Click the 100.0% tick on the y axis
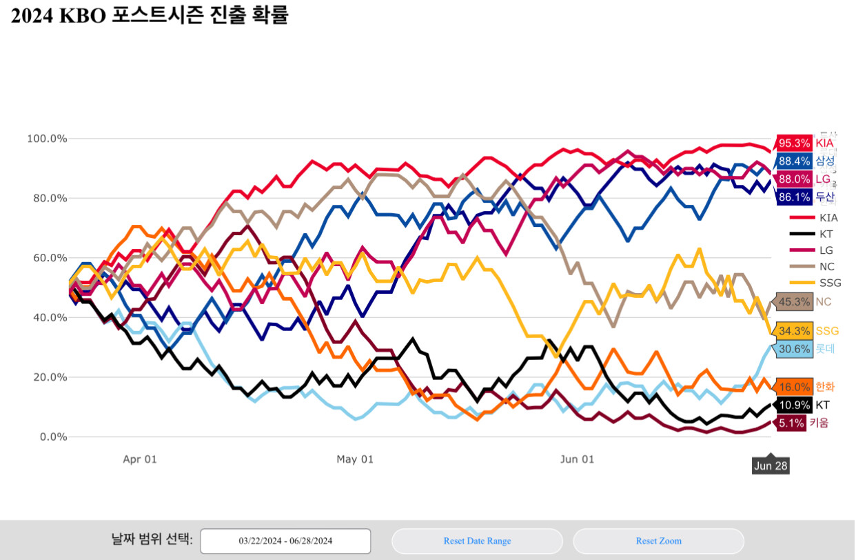tap(48, 139)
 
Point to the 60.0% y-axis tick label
tap(48, 258)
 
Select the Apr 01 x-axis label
tap(140, 459)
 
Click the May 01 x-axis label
tap(355, 459)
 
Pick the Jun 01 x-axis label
tap(578, 459)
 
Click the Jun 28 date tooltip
tap(771, 466)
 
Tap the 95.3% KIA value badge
tap(793, 143)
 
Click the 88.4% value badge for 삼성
tap(793, 161)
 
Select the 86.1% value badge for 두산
tap(793, 197)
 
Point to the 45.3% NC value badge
tap(793, 302)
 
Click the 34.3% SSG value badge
tap(793, 331)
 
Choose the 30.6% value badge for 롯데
tap(793, 349)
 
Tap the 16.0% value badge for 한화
tap(793, 387)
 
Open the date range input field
tap(285, 541)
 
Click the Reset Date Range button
tap(477, 541)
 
